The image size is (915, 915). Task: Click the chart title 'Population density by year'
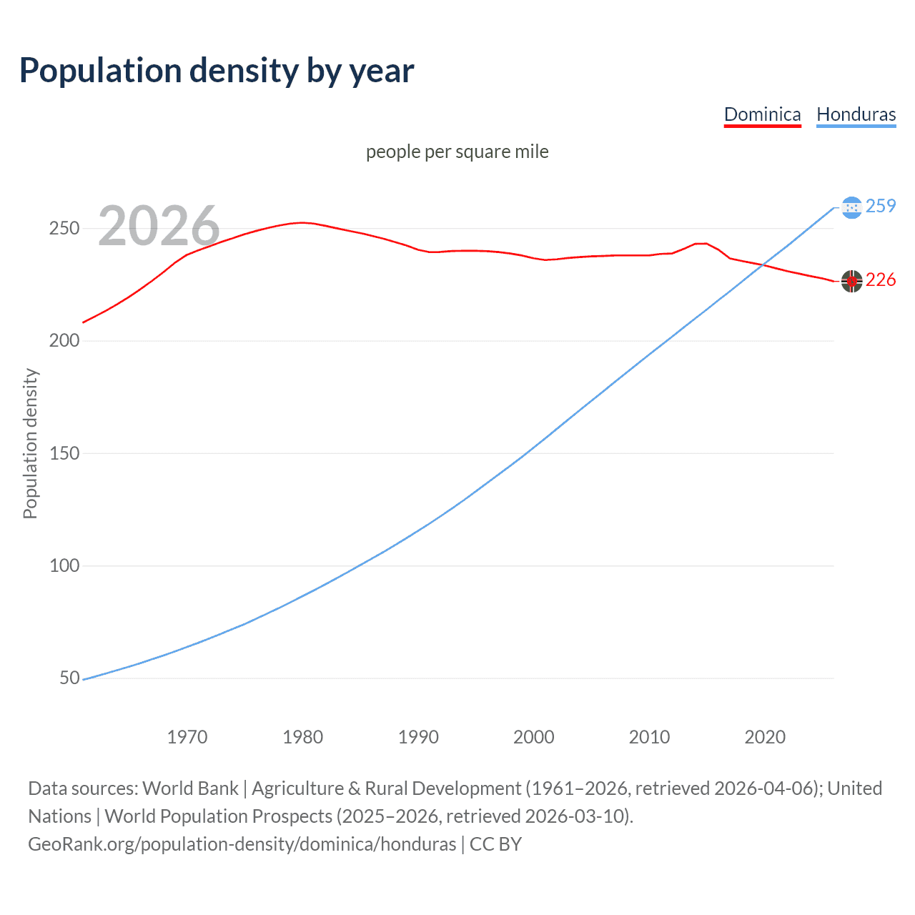[217, 71]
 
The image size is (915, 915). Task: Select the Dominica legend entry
[762, 114]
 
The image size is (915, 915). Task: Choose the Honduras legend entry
[856, 114]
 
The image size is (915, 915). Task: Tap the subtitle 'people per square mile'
[457, 152]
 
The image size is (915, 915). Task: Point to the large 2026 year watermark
[159, 227]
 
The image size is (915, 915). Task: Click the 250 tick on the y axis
[64, 229]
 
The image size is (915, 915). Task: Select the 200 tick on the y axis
[64, 341]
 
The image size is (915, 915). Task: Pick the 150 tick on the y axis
[64, 453]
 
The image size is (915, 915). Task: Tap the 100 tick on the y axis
[64, 565]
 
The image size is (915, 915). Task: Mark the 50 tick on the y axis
[69, 678]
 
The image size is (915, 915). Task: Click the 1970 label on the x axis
[187, 737]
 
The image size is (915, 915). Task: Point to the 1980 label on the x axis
[303, 737]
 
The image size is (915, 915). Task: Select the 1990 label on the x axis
[418, 737]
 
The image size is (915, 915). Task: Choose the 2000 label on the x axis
[534, 737]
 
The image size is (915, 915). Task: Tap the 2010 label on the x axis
[649, 737]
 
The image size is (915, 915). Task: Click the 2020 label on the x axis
[765, 737]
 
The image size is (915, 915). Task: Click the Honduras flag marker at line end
[851, 207]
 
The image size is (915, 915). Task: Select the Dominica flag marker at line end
[851, 281]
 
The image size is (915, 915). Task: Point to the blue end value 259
[881, 207]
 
